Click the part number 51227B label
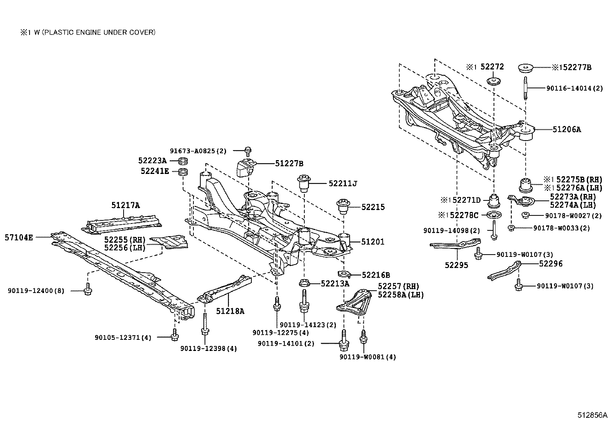[289, 164]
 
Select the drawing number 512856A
[593, 415]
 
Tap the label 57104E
[19, 238]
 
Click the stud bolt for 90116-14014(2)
[525, 88]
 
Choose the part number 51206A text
[567, 129]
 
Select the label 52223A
[152, 161]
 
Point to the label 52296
[551, 263]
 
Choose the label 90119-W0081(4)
[367, 357]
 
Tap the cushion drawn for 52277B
[526, 68]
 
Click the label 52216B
[376, 275]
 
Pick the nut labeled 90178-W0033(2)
[511, 228]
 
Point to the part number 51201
[372, 242]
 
